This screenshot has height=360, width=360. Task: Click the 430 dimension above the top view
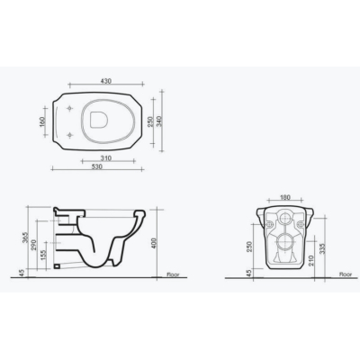[106, 81]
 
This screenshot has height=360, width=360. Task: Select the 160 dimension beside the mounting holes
[42, 121]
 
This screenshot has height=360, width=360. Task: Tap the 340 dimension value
[159, 121]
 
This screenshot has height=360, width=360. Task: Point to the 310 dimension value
[106, 157]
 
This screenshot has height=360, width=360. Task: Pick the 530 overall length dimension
[97, 166]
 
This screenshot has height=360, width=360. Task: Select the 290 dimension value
[33, 245]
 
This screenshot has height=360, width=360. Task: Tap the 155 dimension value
[43, 256]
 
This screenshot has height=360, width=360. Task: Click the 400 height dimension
[154, 244]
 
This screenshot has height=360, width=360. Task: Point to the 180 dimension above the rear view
[284, 197]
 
